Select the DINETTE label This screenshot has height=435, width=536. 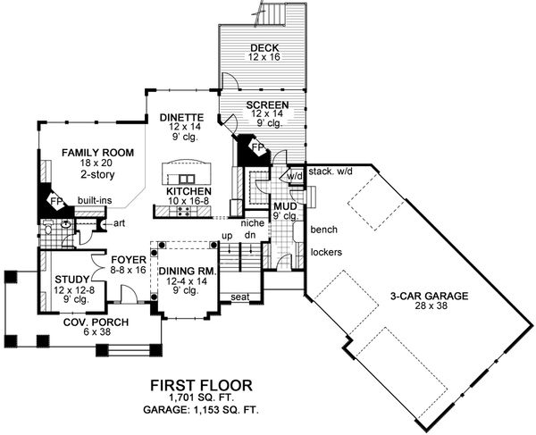(182, 117)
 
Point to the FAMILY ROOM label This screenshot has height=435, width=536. (97, 154)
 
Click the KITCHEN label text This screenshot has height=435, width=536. (188, 191)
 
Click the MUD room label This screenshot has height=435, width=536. (287, 206)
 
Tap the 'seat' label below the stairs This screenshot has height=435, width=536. (239, 297)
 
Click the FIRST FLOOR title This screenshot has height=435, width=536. (201, 386)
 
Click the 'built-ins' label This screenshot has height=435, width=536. (94, 202)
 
